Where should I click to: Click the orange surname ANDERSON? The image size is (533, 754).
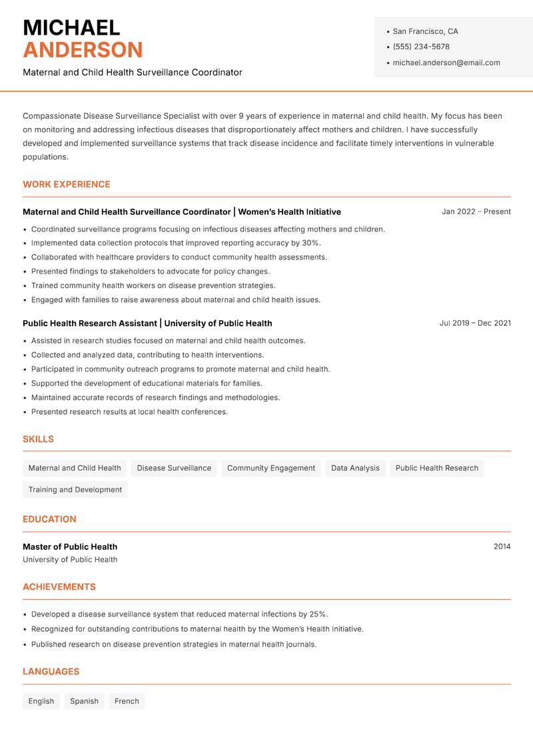(x=83, y=50)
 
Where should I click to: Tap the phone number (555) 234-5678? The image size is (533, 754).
(x=421, y=47)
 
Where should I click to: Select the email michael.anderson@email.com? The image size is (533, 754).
(x=446, y=63)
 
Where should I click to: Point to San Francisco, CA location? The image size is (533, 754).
(x=425, y=31)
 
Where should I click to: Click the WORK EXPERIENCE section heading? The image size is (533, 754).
(x=67, y=184)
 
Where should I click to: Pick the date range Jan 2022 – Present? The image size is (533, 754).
(x=476, y=212)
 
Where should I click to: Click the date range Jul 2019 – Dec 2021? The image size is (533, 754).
(x=475, y=323)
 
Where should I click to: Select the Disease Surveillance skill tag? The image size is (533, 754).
(x=174, y=468)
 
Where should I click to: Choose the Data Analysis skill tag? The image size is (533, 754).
(x=355, y=468)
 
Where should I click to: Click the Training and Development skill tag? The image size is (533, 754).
(x=75, y=489)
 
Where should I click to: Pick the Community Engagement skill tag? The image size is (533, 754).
(x=271, y=468)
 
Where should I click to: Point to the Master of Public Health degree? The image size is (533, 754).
(x=70, y=546)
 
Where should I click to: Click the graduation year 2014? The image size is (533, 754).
(x=502, y=546)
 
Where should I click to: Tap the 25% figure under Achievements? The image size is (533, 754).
(x=318, y=614)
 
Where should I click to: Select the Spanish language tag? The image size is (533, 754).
(x=84, y=701)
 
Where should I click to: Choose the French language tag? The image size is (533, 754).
(x=127, y=701)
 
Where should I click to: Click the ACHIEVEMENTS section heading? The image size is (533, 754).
(x=59, y=587)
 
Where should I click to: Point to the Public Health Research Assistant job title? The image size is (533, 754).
(x=90, y=323)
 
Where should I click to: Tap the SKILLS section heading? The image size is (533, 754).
(x=38, y=439)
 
